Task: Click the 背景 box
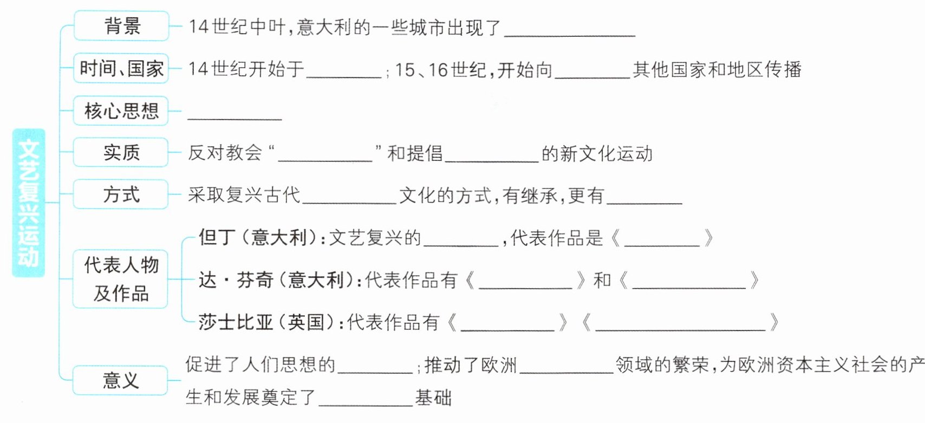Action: (121, 26)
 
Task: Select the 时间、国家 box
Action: (121, 68)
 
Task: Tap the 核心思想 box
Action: (121, 111)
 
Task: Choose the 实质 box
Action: (121, 152)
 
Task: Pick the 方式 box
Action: (121, 194)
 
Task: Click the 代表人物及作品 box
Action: (121, 279)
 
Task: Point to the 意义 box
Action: (121, 380)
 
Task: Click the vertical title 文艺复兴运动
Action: (29, 203)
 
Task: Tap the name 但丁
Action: (217, 237)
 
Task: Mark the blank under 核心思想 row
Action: (234, 114)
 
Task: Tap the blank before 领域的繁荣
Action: (566, 368)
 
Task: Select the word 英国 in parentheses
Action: (305, 322)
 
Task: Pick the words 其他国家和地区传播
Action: (717, 69)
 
